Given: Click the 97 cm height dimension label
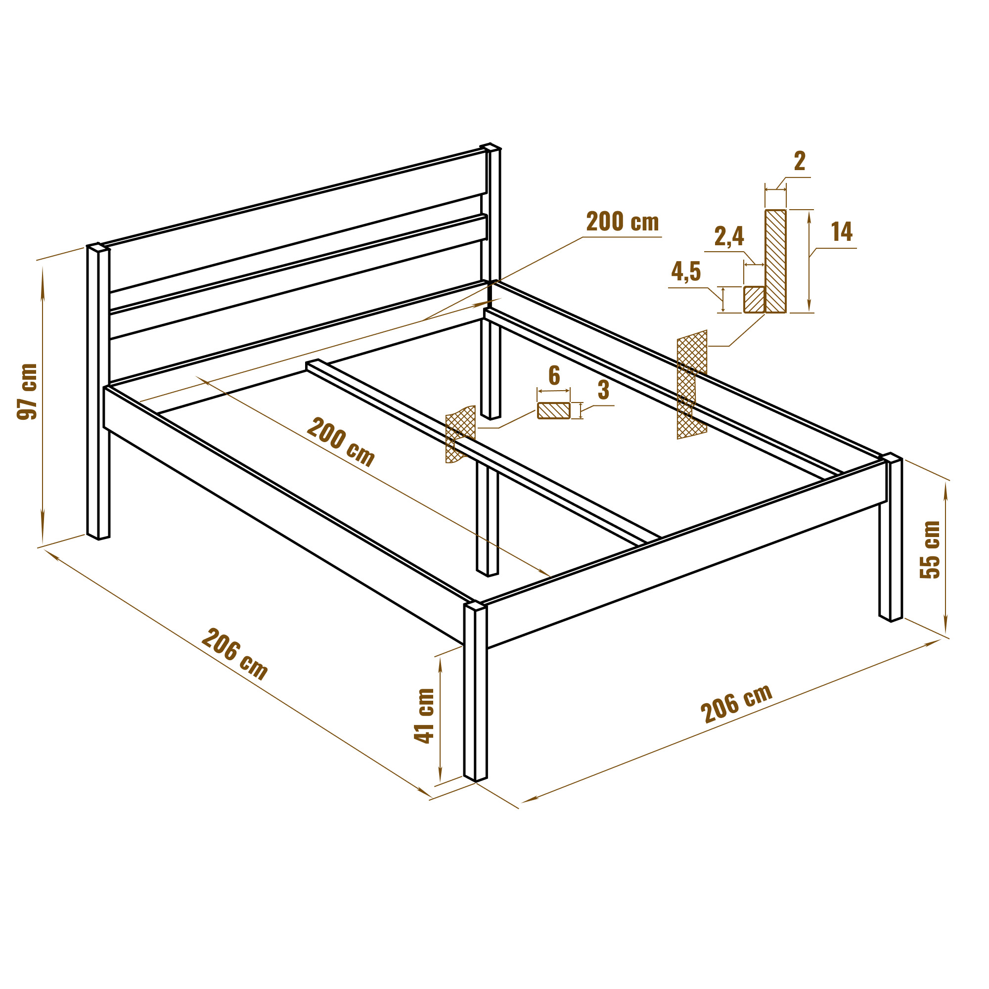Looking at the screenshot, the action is (27, 392).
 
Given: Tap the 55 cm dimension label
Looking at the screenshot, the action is (930, 549).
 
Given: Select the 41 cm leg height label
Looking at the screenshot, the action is (424, 716).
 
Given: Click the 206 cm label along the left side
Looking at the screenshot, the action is (234, 654).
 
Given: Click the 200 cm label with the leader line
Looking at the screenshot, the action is (622, 222).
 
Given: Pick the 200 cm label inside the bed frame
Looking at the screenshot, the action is (341, 442).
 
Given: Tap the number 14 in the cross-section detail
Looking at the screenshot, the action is (842, 231).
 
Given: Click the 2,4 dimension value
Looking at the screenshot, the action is (729, 236).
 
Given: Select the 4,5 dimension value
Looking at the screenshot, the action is (686, 271).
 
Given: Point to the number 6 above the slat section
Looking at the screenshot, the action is (554, 375).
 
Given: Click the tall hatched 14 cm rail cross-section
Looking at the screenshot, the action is (775, 261).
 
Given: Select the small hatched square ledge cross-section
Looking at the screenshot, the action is (754, 300).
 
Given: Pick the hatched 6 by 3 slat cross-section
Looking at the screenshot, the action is (553, 410).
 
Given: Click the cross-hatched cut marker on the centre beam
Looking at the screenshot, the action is (460, 434).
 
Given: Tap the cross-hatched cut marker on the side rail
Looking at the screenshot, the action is (692, 384).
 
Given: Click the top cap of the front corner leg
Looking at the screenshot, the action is (476, 606).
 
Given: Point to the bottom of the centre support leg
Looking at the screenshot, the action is (488, 573).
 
